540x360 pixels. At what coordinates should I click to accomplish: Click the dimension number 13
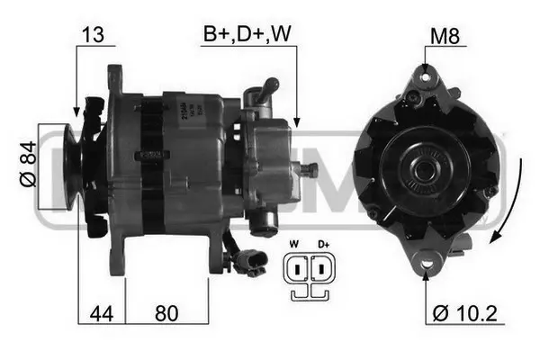(x=93, y=35)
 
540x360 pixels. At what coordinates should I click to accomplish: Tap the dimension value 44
(x=100, y=316)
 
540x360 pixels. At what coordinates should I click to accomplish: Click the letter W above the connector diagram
(x=293, y=244)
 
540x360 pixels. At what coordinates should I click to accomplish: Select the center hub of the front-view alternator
(x=420, y=168)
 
